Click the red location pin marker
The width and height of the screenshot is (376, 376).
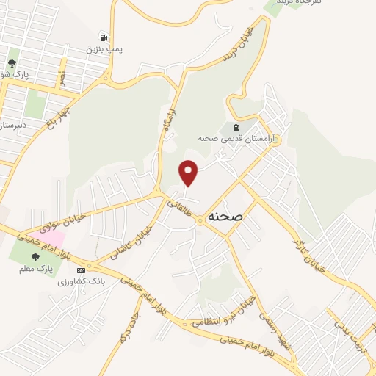(189, 172)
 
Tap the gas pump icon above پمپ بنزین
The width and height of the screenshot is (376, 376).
(103, 37)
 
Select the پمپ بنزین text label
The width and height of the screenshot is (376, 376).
(103, 49)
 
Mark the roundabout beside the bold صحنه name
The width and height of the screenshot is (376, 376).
(200, 218)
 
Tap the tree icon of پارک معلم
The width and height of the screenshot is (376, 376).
(35, 257)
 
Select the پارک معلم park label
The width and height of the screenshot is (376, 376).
(35, 269)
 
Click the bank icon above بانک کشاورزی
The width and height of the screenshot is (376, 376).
(91, 271)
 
